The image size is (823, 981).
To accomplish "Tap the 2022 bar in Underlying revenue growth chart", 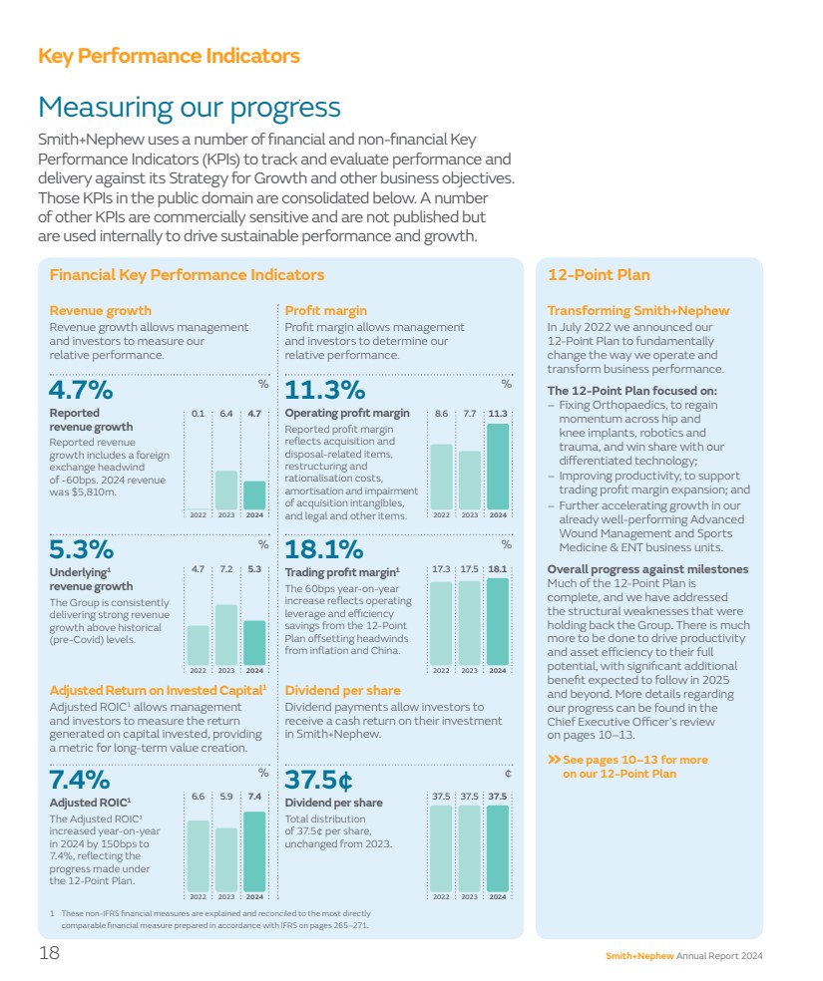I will click(x=198, y=644).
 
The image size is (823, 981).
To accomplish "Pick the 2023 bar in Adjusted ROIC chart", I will click(x=226, y=858).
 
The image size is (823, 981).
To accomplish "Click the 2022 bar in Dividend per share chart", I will click(x=441, y=847).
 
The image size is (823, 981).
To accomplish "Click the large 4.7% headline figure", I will click(x=81, y=389).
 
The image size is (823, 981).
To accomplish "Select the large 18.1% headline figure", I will click(x=324, y=549).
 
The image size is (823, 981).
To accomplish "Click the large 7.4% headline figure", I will click(x=80, y=779).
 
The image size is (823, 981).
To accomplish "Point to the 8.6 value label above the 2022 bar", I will click(x=441, y=413).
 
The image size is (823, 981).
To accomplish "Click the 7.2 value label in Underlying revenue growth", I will click(x=226, y=569).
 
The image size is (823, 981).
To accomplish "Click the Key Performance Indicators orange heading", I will click(x=169, y=56).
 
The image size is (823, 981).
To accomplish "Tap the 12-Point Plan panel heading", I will click(x=599, y=275).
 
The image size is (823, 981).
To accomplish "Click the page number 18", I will click(x=49, y=953).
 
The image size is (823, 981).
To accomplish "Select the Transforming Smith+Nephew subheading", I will click(x=638, y=311).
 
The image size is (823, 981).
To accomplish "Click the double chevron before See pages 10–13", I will click(x=554, y=760).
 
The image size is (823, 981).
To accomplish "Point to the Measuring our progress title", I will click(x=189, y=107).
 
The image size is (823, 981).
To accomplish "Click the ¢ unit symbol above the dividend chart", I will click(x=508, y=773).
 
